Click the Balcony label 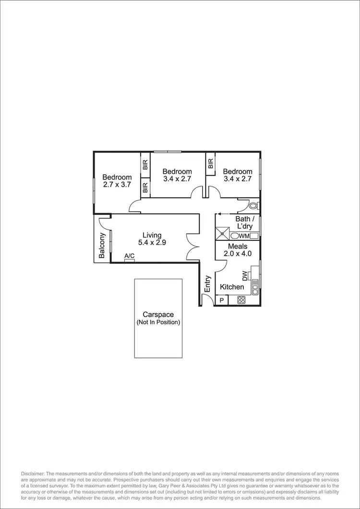[x=102, y=246]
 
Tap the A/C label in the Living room [x=129, y=257]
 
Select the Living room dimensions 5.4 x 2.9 [x=152, y=243]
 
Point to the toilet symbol [x=253, y=206]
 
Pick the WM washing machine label [x=244, y=236]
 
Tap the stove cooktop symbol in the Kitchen [x=241, y=301]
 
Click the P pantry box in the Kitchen [x=221, y=301]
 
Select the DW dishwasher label [x=245, y=275]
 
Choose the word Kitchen [x=232, y=287]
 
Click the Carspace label [x=158, y=314]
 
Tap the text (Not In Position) [x=158, y=322]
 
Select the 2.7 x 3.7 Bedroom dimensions [x=117, y=184]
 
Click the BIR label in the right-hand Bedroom [x=210, y=164]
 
